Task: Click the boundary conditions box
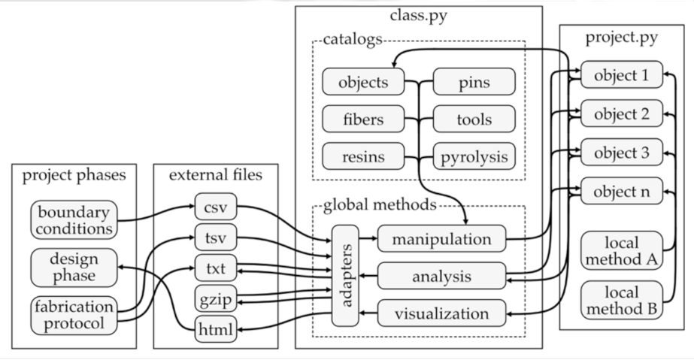(74, 219)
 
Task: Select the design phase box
(74, 266)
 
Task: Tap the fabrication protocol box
(74, 315)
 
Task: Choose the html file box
(217, 328)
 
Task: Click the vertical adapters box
(347, 275)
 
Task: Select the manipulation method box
(440, 239)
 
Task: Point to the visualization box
(440, 313)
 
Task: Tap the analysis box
(440, 276)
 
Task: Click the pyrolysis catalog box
(474, 157)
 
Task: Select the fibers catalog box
(363, 119)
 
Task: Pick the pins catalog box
(474, 81)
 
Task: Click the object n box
(621, 190)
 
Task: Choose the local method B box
(621, 299)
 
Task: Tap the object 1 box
(621, 75)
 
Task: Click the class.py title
(418, 14)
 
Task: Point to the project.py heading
(621, 37)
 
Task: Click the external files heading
(215, 175)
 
